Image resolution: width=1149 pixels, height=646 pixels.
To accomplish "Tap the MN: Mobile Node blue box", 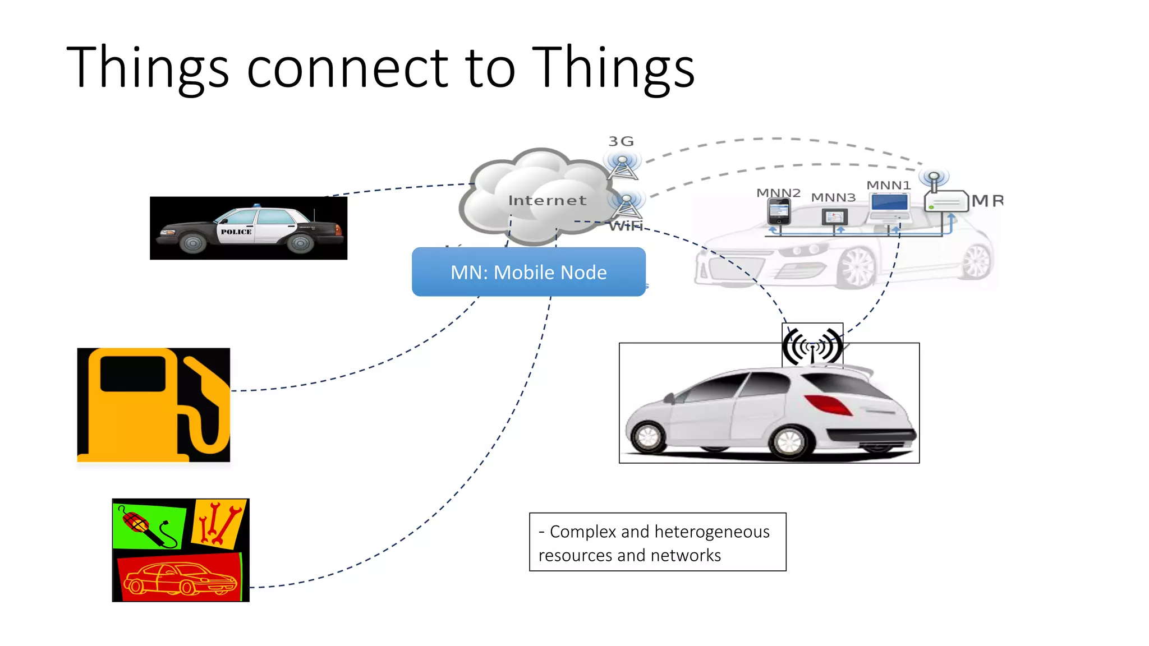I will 528,272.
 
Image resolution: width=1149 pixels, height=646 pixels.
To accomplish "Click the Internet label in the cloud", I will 547,200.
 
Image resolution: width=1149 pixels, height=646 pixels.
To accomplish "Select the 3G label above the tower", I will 621,141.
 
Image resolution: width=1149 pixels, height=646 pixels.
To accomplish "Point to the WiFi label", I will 626,226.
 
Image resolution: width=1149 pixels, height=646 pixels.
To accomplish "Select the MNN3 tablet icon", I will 834,216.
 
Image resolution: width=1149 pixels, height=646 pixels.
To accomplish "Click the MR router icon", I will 946,201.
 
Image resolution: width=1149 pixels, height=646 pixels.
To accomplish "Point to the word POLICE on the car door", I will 236,232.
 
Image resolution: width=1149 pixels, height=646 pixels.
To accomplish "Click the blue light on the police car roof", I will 257,206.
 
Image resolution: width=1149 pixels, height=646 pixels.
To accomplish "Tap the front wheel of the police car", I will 192,243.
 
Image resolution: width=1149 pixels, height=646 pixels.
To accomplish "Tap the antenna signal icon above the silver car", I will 812,345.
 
